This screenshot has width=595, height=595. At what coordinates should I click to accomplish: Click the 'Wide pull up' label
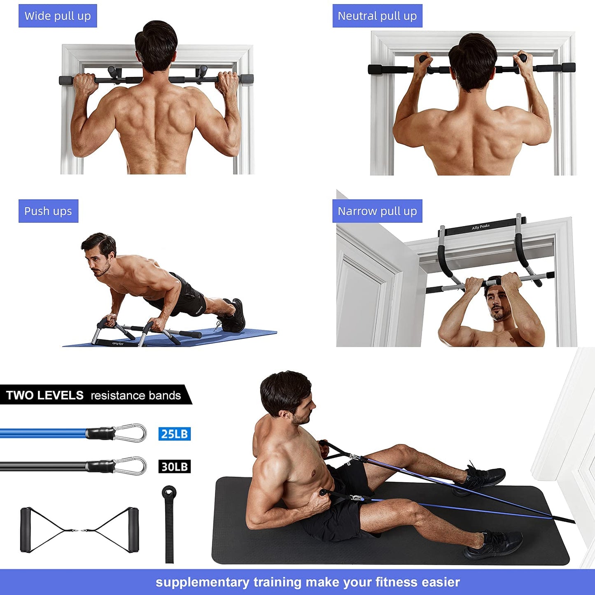[58, 16]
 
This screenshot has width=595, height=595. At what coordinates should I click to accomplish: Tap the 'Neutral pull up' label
[377, 16]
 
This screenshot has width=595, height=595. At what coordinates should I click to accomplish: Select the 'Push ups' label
[48, 211]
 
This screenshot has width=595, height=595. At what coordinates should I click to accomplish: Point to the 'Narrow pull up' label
[377, 211]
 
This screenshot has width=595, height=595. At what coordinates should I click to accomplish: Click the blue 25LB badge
[175, 434]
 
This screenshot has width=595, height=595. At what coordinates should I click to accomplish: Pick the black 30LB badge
[175, 467]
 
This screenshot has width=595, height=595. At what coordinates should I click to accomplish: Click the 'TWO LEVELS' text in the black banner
[45, 395]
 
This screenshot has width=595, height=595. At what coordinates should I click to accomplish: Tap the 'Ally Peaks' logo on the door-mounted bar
[481, 227]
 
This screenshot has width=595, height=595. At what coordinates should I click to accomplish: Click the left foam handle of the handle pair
[26, 530]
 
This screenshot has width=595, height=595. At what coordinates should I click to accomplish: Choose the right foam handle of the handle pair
[133, 530]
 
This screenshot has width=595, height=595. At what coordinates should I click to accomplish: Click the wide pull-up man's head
[156, 45]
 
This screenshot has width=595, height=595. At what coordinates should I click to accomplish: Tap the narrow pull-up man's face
[498, 305]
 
